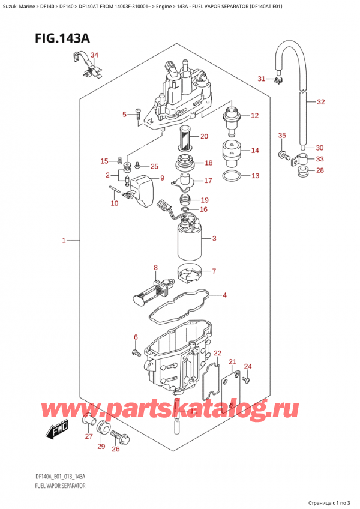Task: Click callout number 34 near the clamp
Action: [94, 55]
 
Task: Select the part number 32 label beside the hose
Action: [320, 102]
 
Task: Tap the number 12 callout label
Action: [254, 116]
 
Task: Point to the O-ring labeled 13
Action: [233, 176]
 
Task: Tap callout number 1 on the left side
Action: [64, 241]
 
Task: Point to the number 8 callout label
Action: [155, 268]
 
